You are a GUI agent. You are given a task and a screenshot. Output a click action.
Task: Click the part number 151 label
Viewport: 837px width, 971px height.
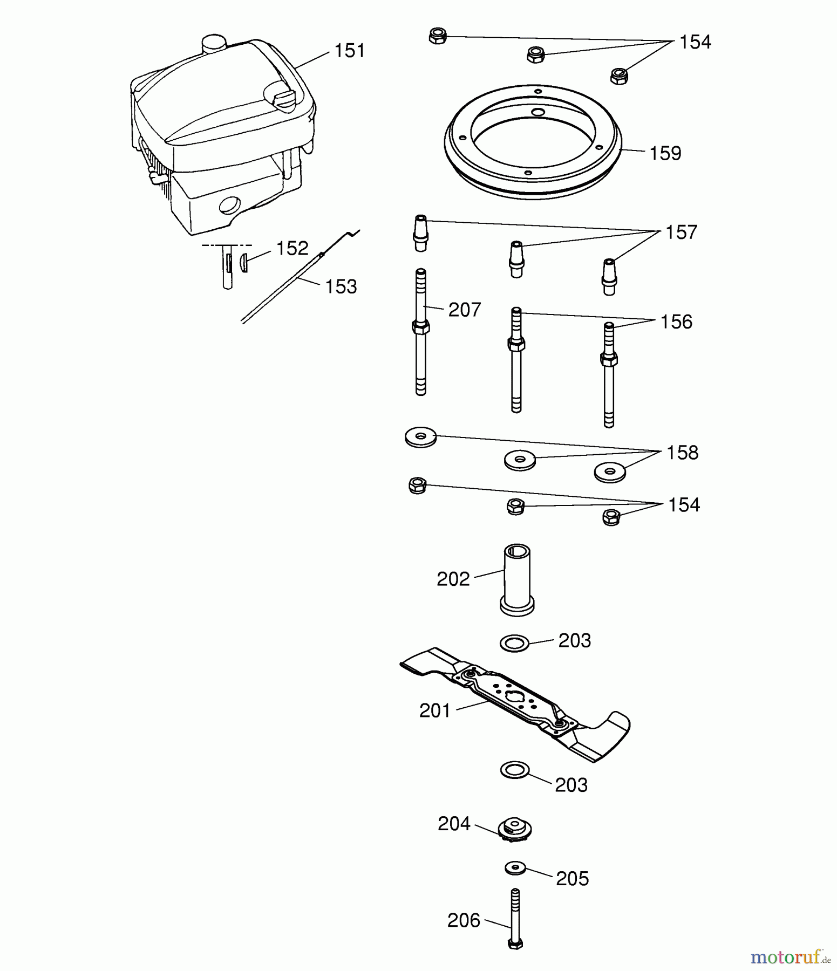[350, 51]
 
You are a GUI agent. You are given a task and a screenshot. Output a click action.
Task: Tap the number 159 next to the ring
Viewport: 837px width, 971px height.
[665, 154]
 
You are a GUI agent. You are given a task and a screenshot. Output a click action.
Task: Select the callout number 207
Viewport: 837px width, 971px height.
[464, 310]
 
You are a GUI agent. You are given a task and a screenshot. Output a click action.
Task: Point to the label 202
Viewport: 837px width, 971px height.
[453, 579]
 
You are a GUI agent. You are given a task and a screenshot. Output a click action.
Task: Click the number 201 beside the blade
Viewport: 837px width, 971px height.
[435, 711]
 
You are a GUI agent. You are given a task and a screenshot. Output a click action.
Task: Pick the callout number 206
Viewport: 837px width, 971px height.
[464, 921]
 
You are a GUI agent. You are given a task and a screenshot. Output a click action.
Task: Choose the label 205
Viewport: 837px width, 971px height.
[572, 879]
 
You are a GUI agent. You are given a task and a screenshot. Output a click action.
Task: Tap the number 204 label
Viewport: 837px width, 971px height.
[454, 824]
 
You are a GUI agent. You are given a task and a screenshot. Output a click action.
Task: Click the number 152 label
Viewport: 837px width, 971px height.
[292, 249]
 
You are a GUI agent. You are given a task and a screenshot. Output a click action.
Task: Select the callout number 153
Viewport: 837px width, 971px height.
[341, 287]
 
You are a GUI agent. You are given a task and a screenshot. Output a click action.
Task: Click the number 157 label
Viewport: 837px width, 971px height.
[681, 233]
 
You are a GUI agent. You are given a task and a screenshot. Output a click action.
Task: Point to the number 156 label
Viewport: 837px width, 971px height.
[676, 322]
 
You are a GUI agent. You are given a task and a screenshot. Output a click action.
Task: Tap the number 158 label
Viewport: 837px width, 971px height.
[682, 453]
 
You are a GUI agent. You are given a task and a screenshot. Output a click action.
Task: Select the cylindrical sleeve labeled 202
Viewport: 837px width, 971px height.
[517, 580]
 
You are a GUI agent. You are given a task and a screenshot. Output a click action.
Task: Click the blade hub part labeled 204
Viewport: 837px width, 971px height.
[514, 829]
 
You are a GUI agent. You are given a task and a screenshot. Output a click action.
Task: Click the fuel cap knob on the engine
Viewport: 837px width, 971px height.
[282, 98]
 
